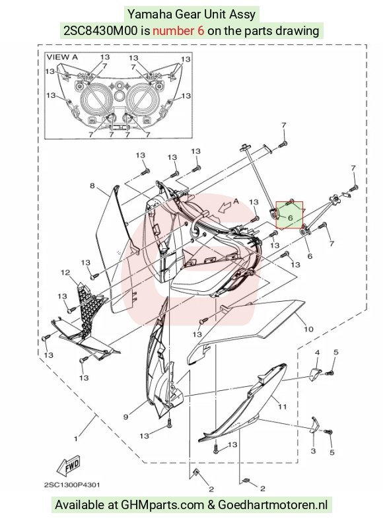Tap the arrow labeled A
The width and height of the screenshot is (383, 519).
pyautogui.click(x=225, y=207)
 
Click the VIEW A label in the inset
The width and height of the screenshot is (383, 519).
pyautogui.click(x=62, y=57)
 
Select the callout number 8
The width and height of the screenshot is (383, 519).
pyautogui.click(x=92, y=186)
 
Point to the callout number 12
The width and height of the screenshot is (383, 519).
pyautogui.click(x=65, y=273)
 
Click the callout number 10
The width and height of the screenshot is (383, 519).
pyautogui.click(x=308, y=329)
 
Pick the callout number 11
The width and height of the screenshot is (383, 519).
pyautogui.click(x=282, y=407)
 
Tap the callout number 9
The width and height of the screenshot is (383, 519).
pyautogui.click(x=125, y=417)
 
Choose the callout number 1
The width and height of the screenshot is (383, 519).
pyautogui.click(x=76, y=439)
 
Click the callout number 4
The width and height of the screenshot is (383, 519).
pyautogui.click(x=317, y=353)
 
